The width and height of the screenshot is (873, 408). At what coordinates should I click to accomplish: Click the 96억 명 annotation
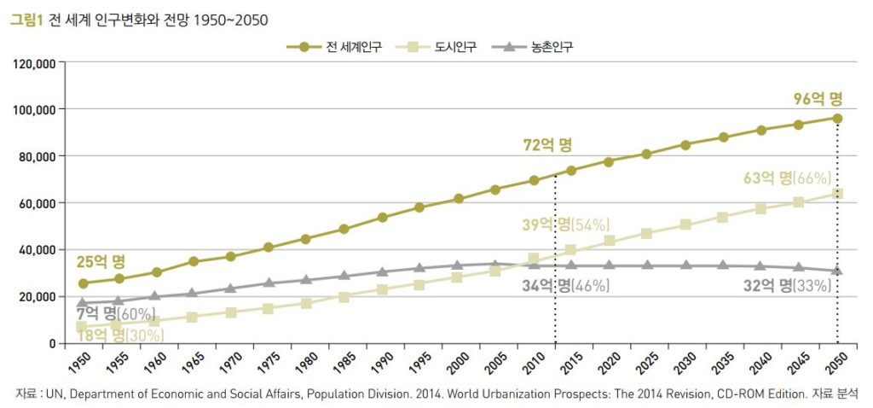point(818,98)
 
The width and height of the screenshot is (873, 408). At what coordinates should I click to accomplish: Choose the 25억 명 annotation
point(101,261)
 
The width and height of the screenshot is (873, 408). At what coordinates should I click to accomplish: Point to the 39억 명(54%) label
point(566,225)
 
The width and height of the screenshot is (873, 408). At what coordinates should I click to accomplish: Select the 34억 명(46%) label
point(566,286)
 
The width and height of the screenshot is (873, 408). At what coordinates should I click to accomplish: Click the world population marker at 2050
point(837,119)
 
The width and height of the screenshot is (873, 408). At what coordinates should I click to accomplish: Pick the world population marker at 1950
point(83,283)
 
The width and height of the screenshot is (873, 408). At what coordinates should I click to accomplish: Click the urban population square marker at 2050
point(837,194)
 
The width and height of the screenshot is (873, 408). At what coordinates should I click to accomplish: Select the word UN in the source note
point(57,393)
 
